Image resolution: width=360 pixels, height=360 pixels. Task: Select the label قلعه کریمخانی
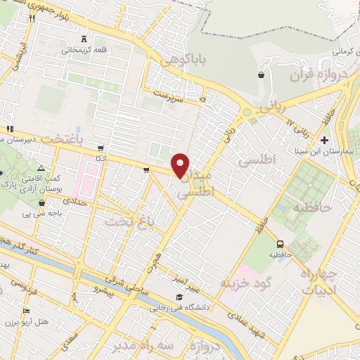tap(83, 50)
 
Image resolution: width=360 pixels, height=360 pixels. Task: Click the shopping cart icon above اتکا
tap(101, 148)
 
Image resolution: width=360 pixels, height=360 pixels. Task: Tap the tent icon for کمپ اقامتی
tap(41, 168)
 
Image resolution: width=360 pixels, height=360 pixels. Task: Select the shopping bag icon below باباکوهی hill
tap(262, 74)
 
